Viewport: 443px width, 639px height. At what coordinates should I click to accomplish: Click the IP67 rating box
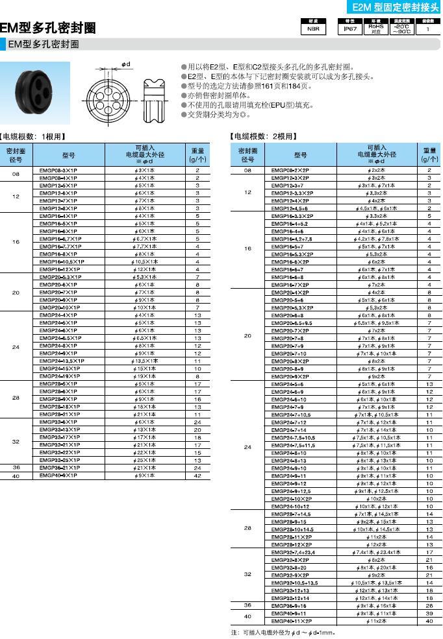[x=350, y=29]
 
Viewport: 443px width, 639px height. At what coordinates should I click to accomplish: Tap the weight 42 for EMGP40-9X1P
[x=197, y=475]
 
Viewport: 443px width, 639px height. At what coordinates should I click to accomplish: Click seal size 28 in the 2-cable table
[x=247, y=529]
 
